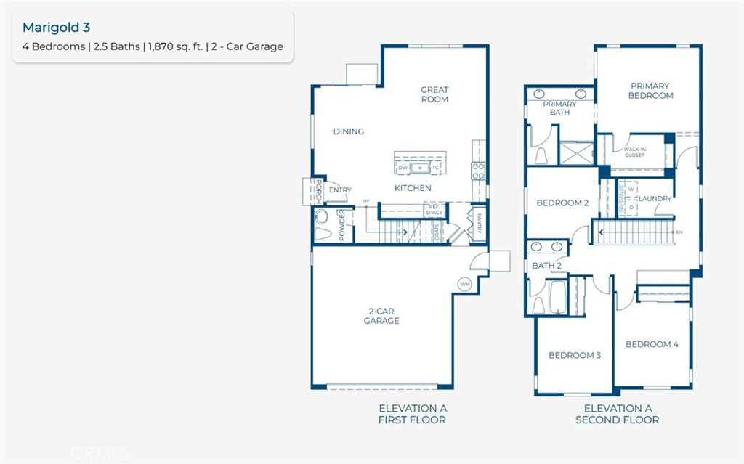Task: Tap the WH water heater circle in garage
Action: click(464, 283)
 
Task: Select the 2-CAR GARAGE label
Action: click(381, 316)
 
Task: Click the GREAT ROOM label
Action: click(434, 94)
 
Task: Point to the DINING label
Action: click(349, 131)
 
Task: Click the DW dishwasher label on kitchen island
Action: click(403, 168)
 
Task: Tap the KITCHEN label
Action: click(413, 188)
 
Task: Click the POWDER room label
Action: click(341, 224)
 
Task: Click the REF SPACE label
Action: click(434, 210)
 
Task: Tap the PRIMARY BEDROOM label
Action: click(650, 91)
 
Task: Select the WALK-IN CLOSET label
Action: click(634, 152)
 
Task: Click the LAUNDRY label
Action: click(655, 198)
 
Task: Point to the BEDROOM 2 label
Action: click(562, 203)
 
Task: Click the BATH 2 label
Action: click(546, 266)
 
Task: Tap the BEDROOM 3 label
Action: click(575, 355)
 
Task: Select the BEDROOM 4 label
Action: click(652, 344)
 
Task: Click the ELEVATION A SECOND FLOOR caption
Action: click(617, 414)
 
